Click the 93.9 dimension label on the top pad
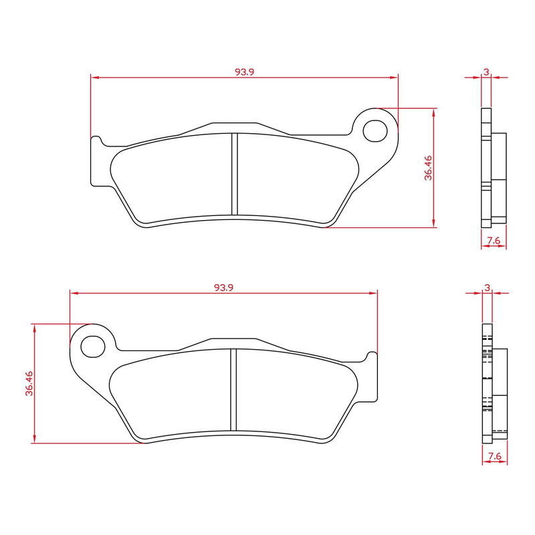[244, 72]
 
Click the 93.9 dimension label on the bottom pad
[223, 288]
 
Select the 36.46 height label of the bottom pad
[28, 383]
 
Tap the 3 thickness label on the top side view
[486, 72]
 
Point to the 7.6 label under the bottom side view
[494, 457]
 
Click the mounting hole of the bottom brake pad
[92, 346]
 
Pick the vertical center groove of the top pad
[234, 175]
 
